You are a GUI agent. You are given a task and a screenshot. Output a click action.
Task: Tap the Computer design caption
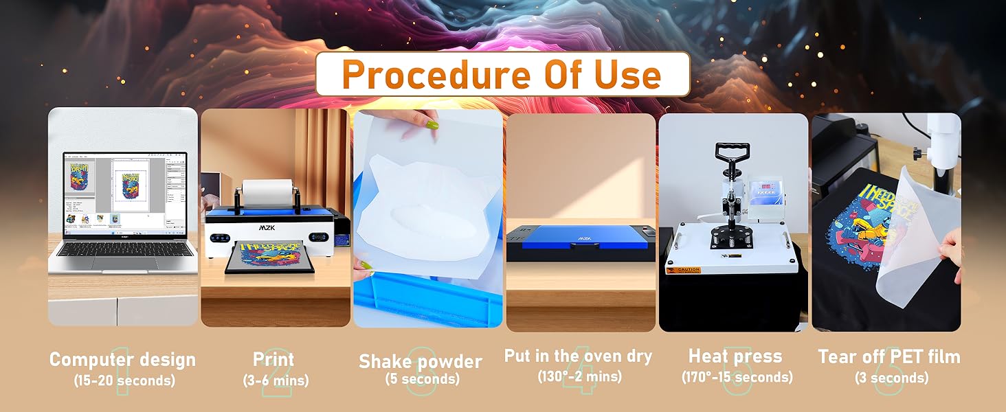[122, 359]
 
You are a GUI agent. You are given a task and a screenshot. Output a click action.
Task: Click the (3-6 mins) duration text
[276, 380]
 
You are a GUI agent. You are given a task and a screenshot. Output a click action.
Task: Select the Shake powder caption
[421, 361]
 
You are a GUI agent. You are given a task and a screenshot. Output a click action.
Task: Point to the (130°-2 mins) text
[579, 376]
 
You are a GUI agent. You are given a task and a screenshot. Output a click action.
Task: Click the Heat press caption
[735, 356]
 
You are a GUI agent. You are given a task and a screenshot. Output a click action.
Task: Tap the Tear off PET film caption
[889, 356]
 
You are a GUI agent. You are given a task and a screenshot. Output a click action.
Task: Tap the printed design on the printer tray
[269, 255]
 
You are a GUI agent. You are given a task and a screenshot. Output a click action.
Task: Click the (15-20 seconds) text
[124, 380]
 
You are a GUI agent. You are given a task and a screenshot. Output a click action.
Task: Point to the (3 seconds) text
[891, 378]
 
